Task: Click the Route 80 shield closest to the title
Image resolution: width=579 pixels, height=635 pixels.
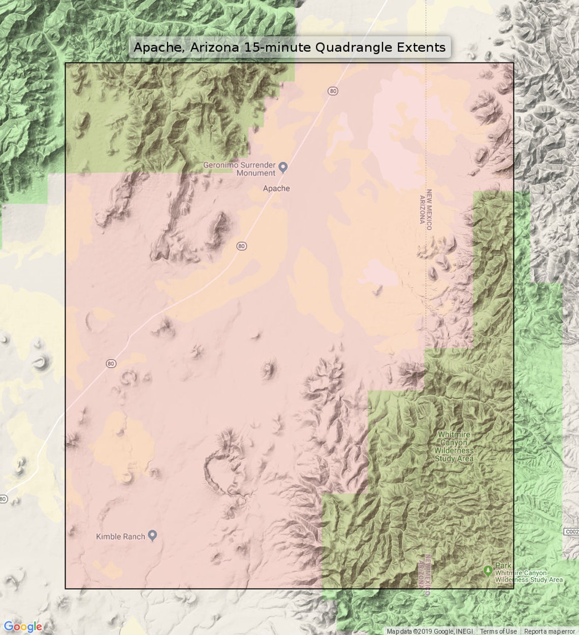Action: pos(333,91)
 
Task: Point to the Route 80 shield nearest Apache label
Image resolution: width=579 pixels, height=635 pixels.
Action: pos(242,246)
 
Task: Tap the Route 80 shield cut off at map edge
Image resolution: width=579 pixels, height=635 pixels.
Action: pos(3,499)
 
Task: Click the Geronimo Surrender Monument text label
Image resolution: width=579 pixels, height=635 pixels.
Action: pos(239,169)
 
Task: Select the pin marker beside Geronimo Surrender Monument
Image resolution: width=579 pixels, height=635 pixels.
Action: pos(283,167)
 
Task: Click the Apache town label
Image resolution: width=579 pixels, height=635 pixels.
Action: pos(276,188)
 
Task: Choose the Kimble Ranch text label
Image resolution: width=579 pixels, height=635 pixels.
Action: pos(120,537)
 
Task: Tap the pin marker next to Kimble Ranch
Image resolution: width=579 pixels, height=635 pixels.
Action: pos(152,536)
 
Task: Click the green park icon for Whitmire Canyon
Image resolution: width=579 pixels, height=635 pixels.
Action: pos(488,571)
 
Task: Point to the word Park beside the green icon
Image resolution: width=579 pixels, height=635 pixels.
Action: pos(503,566)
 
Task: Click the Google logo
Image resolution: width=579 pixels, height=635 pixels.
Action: pos(22,627)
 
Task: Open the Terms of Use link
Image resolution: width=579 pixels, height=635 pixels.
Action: pos(498,631)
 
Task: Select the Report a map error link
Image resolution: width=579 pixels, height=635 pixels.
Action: pos(550,631)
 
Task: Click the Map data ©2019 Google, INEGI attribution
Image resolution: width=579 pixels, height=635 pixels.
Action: pos(430,631)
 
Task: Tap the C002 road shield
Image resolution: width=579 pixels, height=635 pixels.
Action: pos(571,532)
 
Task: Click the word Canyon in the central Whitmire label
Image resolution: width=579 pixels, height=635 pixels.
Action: pos(454,443)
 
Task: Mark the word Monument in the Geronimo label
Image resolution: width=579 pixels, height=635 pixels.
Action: pos(255,173)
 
